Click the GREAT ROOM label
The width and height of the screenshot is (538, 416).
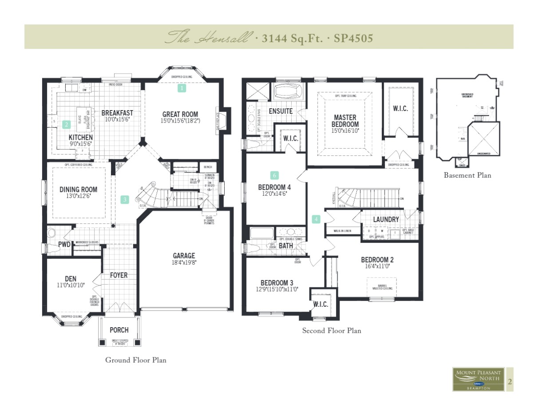pyautogui.click(x=180, y=114)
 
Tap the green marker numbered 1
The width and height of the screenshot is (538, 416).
pyautogui.click(x=182, y=88)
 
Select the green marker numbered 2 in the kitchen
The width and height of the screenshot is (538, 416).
pyautogui.click(x=67, y=124)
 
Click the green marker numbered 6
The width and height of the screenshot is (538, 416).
pyautogui.click(x=275, y=175)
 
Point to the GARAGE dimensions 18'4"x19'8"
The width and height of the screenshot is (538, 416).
pyautogui.click(x=184, y=262)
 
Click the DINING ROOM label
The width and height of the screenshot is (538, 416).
pyautogui.click(x=78, y=190)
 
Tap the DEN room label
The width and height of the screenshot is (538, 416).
pyautogui.click(x=71, y=279)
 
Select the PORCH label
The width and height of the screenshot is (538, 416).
pyautogui.click(x=119, y=330)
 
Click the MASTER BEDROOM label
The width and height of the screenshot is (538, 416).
pyautogui.click(x=345, y=121)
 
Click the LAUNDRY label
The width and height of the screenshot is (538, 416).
pyautogui.click(x=386, y=219)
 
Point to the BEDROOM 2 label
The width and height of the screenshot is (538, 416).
pyautogui.click(x=377, y=260)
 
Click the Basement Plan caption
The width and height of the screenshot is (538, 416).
pyautogui.click(x=467, y=175)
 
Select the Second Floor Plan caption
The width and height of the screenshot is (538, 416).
pyautogui.click(x=332, y=331)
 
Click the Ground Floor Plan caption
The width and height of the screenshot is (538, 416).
pyautogui.click(x=136, y=360)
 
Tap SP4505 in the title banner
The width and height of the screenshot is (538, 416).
pyautogui.click(x=353, y=38)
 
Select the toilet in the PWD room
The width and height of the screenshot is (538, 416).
pyautogui.click(x=52, y=233)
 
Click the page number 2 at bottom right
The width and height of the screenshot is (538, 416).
pyautogui.click(x=510, y=381)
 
